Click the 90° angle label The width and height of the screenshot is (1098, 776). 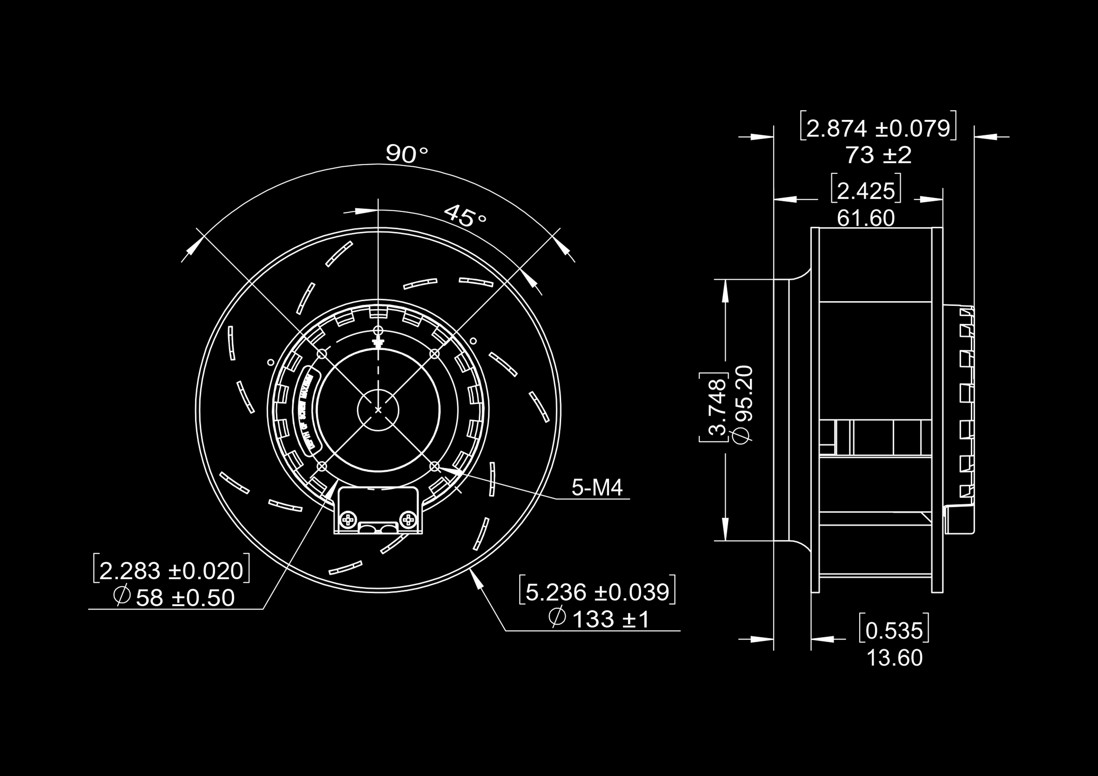coord(407,154)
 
